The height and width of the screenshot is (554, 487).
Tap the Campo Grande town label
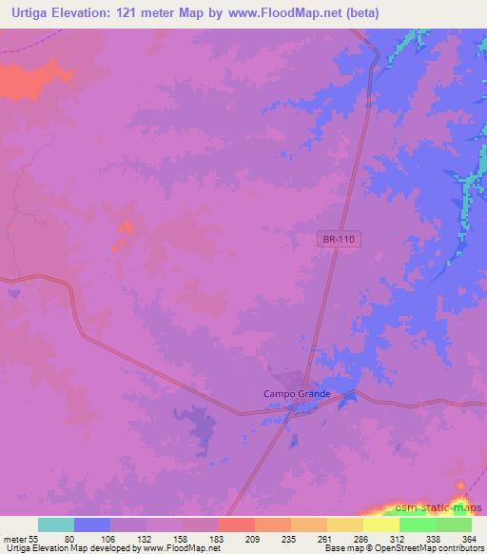(x=297, y=393)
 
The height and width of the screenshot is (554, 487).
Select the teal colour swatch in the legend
(x=56, y=524)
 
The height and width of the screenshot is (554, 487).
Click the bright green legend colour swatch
(x=418, y=524)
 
